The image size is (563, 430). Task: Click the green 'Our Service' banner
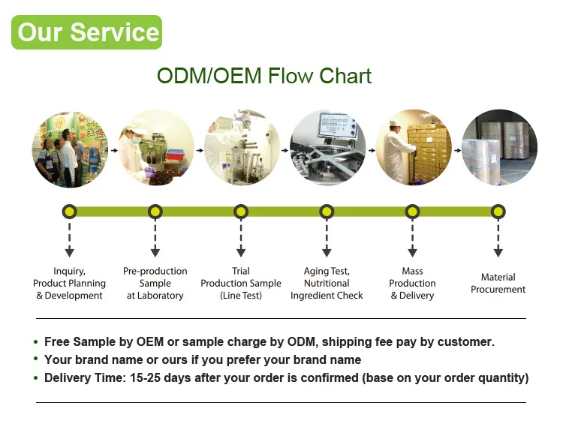pyautogui.click(x=87, y=32)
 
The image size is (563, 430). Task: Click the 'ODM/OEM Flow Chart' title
pyautogui.click(x=264, y=77)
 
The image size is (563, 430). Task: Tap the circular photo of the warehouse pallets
pyautogui.click(x=498, y=148)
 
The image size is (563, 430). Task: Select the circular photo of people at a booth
pyautogui.click(x=69, y=148)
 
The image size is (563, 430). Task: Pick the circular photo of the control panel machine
pyautogui.click(x=327, y=148)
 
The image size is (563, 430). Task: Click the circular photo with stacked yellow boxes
pyautogui.click(x=413, y=148)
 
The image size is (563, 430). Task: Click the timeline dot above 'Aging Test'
pyautogui.click(x=327, y=212)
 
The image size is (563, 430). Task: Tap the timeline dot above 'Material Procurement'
pyautogui.click(x=498, y=212)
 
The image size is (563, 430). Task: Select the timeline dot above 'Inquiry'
pyautogui.click(x=70, y=212)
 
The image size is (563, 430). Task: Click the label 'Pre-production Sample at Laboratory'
pyautogui.click(x=155, y=284)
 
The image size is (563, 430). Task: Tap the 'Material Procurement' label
pyautogui.click(x=498, y=284)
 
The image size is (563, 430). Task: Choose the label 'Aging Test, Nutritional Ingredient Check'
pyautogui.click(x=327, y=284)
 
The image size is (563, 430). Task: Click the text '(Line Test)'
pyautogui.click(x=241, y=296)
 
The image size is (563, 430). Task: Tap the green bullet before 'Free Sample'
pyautogui.click(x=36, y=342)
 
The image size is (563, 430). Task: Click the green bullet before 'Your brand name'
pyautogui.click(x=36, y=360)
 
